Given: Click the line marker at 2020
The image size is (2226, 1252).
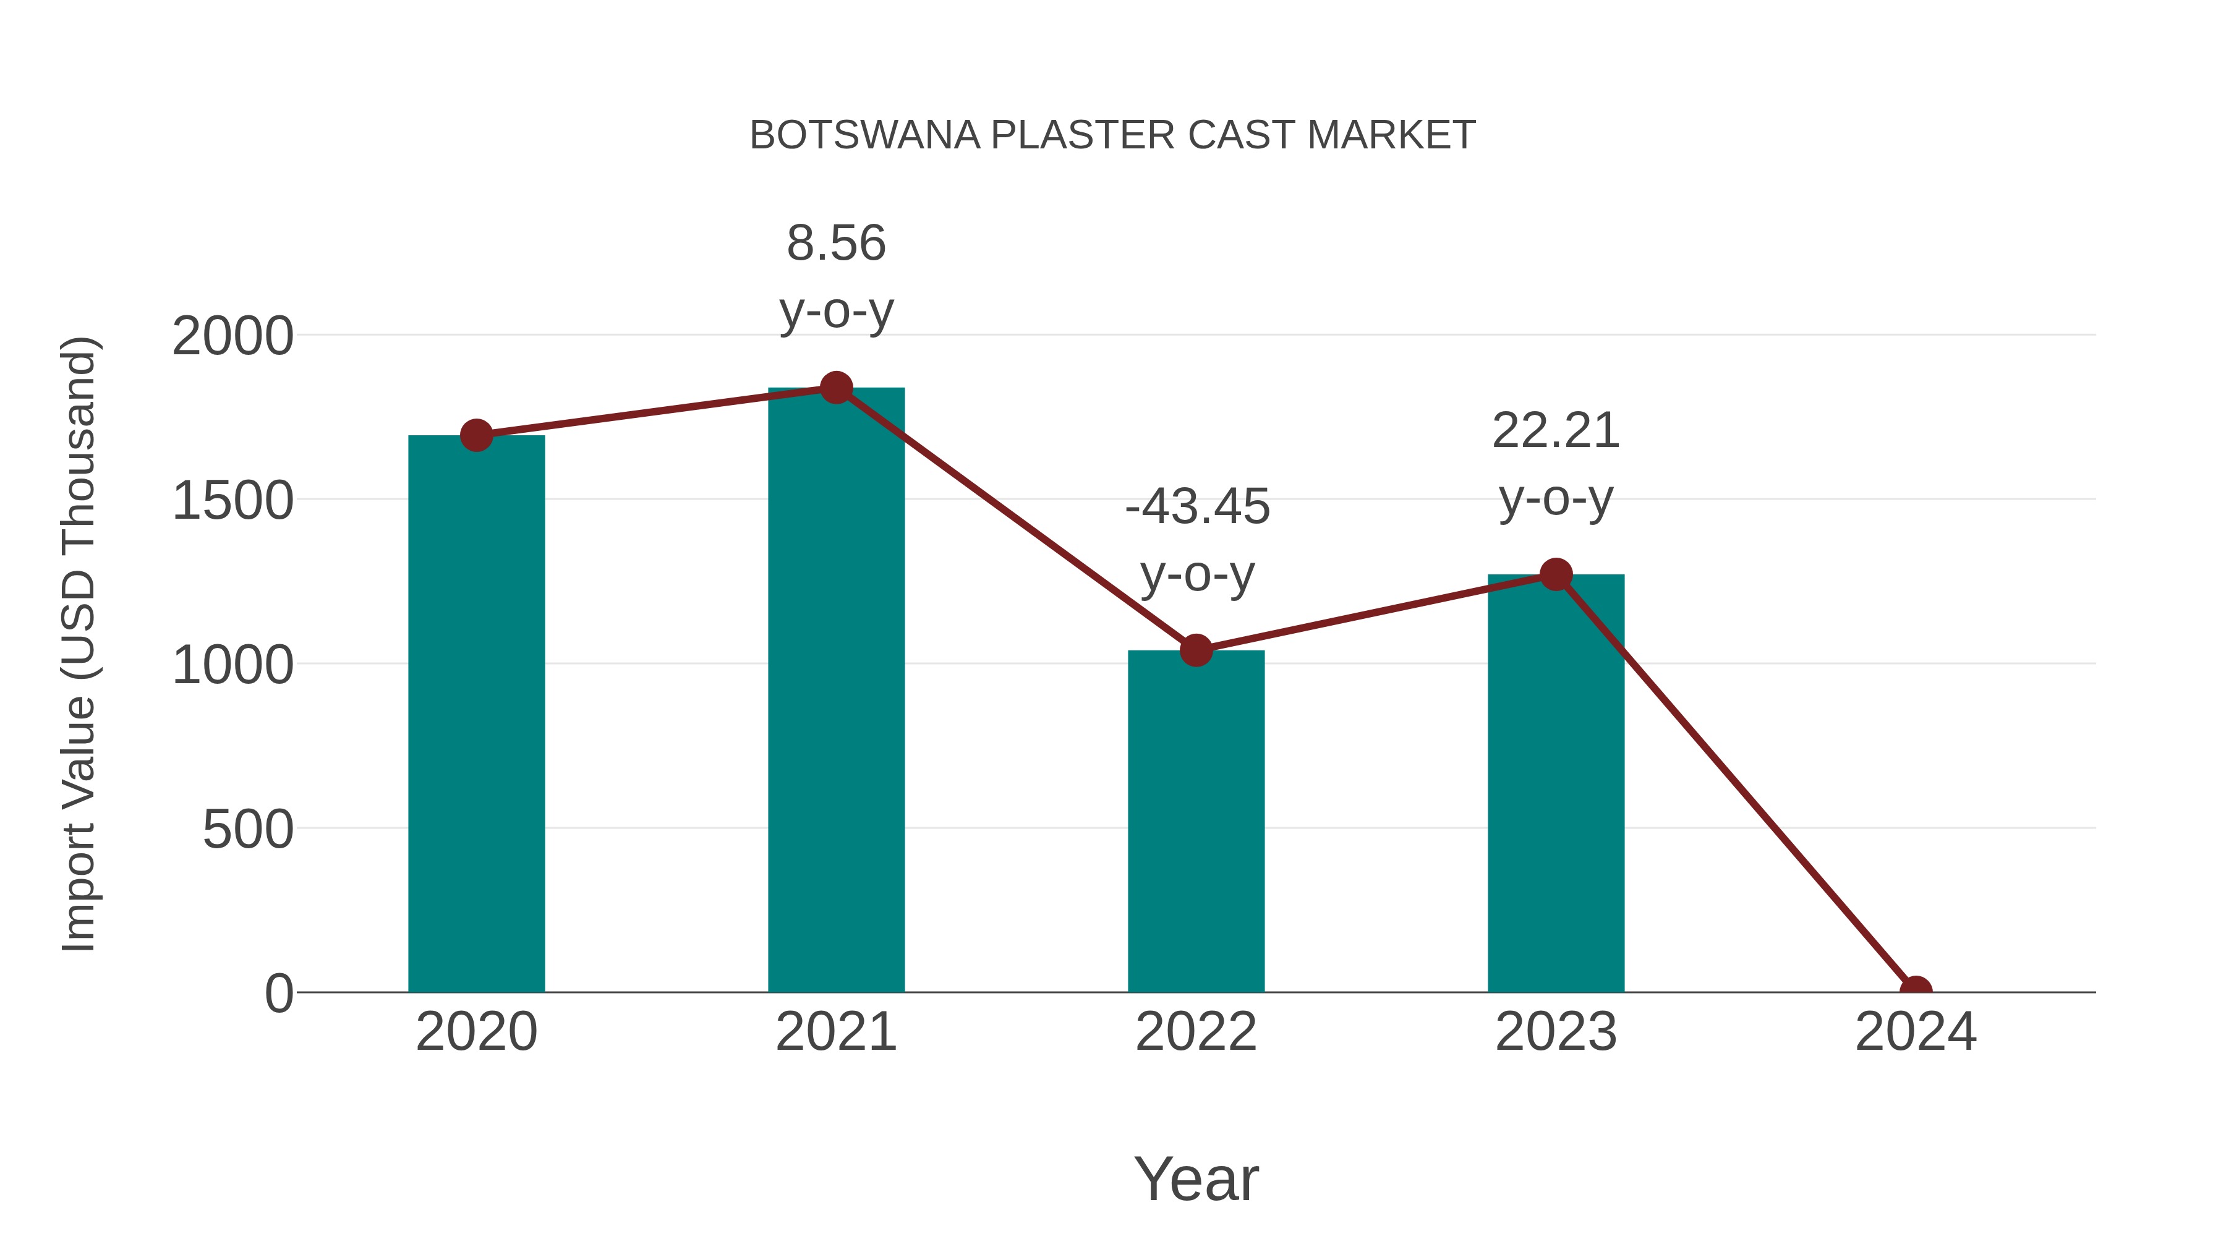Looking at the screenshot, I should click(x=476, y=435).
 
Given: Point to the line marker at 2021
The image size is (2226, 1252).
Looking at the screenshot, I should click(x=835, y=388).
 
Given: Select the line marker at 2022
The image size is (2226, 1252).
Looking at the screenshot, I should click(x=1196, y=650).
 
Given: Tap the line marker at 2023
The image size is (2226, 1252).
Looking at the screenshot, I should click(x=1556, y=574).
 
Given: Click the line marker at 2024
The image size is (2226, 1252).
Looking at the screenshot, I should click(x=1915, y=990).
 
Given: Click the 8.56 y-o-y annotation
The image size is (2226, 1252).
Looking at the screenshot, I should click(x=835, y=276).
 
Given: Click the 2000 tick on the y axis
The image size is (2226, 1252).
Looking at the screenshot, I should click(x=232, y=336).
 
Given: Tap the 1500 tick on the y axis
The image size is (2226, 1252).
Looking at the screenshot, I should click(x=232, y=501).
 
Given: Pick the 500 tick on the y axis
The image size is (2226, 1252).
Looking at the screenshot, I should click(x=248, y=830).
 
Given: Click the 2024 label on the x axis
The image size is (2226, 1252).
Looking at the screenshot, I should click(x=1915, y=1032).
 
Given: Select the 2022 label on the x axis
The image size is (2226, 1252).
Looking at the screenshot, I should click(x=1196, y=1032).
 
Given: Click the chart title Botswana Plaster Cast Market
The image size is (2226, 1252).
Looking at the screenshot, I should click(x=1112, y=135).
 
